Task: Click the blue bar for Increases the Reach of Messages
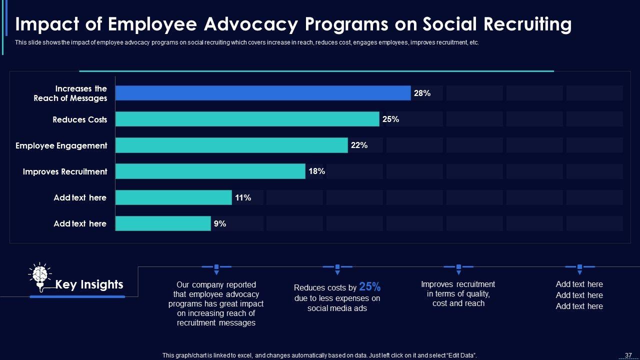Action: (263, 93)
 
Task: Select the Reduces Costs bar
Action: (247, 119)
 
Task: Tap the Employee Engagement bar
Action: (231, 145)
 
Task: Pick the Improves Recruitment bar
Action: (210, 171)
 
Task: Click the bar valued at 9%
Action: (163, 223)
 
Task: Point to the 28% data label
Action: (422, 93)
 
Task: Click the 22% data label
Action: (359, 145)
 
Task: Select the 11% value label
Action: (243, 197)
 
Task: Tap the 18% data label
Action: (316, 171)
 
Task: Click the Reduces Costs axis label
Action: (80, 119)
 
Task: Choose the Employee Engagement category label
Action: (61, 145)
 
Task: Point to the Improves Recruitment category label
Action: (65, 171)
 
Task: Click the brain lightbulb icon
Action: (40, 275)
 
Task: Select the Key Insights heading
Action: (89, 284)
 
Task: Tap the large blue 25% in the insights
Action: (370, 287)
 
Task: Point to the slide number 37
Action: (628, 355)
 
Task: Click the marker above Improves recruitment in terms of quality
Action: (458, 268)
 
